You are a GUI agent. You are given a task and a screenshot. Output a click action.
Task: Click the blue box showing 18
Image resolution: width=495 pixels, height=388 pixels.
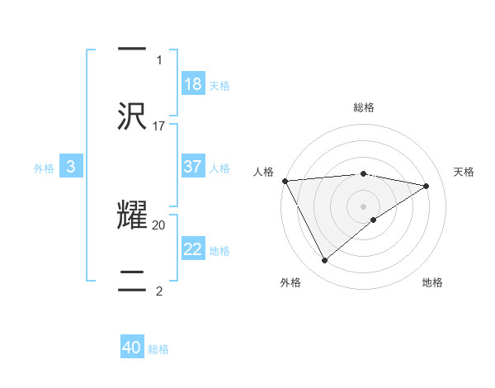pyautogui.click(x=193, y=83)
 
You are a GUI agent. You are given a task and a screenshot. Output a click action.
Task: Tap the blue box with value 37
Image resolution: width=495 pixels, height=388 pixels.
pyautogui.click(x=193, y=167)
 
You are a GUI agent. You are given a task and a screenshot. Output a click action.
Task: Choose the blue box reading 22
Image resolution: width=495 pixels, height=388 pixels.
pyautogui.click(x=193, y=249)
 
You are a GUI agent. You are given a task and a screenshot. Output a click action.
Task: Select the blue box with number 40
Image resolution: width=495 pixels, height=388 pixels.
pyautogui.click(x=132, y=348)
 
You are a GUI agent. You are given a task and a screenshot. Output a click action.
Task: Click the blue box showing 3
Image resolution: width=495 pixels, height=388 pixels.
pyautogui.click(x=71, y=167)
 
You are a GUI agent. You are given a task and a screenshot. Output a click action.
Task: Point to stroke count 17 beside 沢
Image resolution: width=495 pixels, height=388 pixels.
pyautogui.click(x=159, y=126)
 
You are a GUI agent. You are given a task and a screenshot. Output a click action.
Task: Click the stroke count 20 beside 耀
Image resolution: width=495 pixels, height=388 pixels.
pyautogui.click(x=159, y=224)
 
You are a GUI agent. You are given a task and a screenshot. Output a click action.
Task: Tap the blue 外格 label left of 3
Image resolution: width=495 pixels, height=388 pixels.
pyautogui.click(x=44, y=168)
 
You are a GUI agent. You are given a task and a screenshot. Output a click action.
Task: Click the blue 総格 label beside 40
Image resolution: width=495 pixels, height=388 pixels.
pyautogui.click(x=158, y=349)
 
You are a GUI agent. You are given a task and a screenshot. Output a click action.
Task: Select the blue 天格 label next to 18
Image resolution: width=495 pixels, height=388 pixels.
pyautogui.click(x=219, y=85)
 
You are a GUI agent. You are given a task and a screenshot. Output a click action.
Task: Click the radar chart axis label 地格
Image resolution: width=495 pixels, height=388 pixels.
pyautogui.click(x=432, y=282)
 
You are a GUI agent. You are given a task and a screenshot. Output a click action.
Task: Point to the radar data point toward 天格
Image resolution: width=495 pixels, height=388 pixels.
pyautogui.click(x=427, y=186)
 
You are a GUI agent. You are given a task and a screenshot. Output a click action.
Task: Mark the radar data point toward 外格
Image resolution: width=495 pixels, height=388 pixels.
pyautogui.click(x=324, y=261)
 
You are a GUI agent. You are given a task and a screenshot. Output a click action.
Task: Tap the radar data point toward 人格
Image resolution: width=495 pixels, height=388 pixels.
pyautogui.click(x=285, y=181)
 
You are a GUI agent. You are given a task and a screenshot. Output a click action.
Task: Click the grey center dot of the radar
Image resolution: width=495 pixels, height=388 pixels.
pyautogui.click(x=363, y=206)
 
